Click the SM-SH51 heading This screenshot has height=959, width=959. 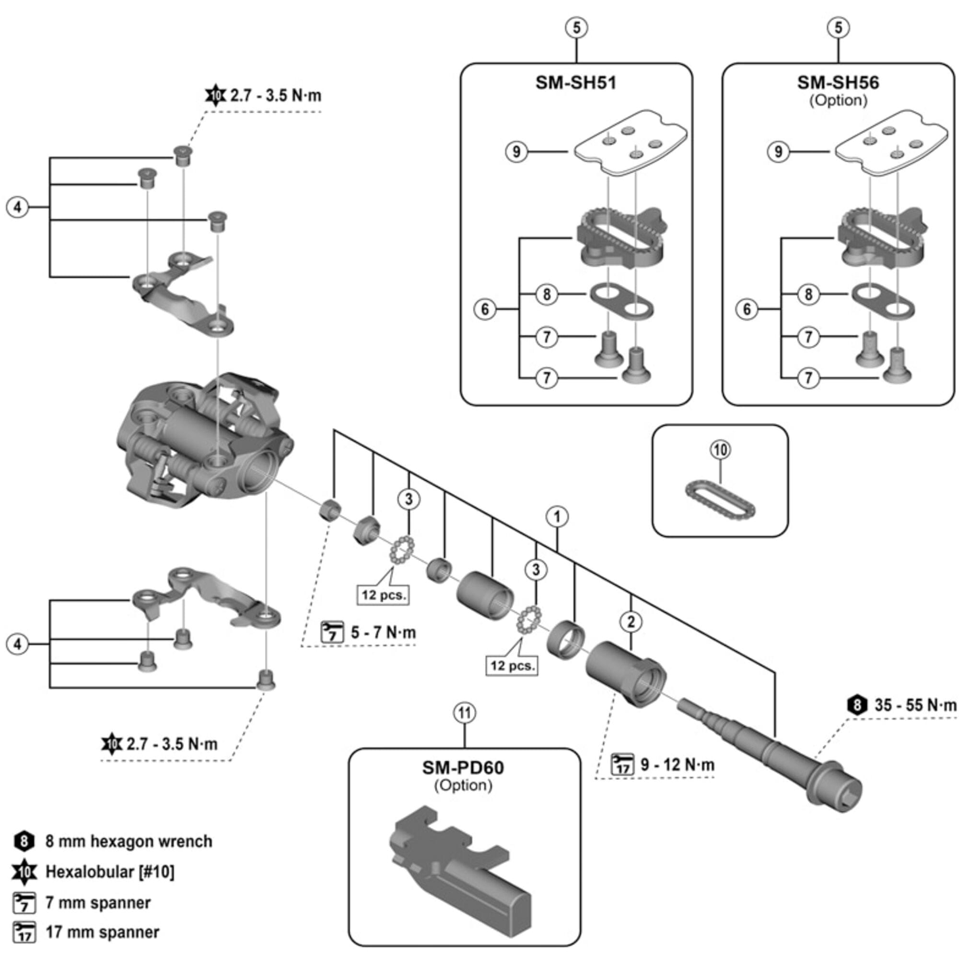[x=576, y=82]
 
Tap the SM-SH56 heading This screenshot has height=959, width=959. [x=838, y=82]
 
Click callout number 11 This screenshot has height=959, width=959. [x=464, y=713]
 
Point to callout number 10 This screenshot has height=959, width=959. [x=720, y=450]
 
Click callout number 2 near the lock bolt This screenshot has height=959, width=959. [x=631, y=621]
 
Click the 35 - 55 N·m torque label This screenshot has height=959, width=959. [x=914, y=705]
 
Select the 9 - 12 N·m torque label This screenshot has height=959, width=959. [x=677, y=764]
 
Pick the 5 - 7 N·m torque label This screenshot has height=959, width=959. [x=383, y=632]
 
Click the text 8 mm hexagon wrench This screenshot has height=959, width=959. [x=129, y=842]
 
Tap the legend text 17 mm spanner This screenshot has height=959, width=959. [x=102, y=932]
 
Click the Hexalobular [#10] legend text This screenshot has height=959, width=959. [x=110, y=872]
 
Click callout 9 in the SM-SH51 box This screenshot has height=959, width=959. [x=516, y=152]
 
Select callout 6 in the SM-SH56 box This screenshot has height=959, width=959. [x=747, y=309]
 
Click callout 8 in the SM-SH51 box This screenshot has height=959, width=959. [x=547, y=294]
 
